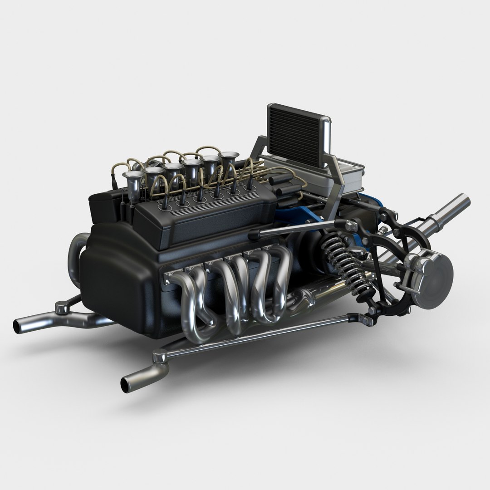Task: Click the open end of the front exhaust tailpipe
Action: (125, 385)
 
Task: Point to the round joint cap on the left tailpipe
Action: (60, 309)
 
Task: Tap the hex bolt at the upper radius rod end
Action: (352, 224)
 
